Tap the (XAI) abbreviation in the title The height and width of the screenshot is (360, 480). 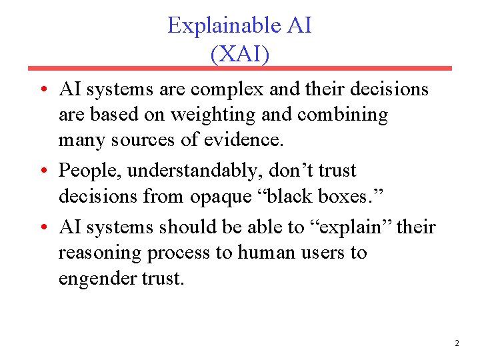[240, 53]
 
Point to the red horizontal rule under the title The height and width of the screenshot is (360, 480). [240, 68]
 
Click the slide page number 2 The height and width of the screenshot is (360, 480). [457, 343]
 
